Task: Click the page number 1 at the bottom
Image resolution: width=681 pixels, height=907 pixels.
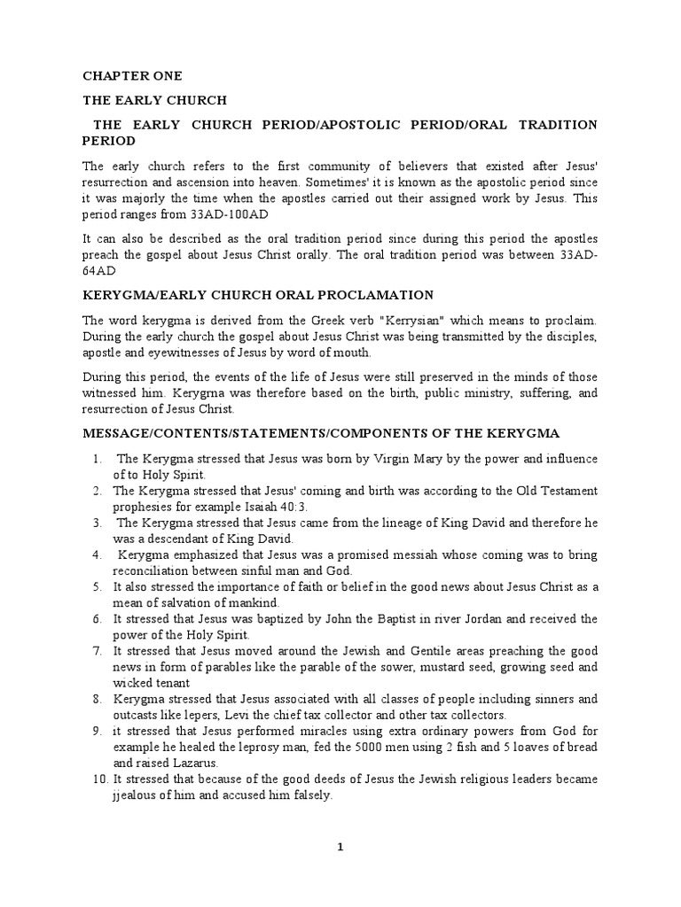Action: point(340,848)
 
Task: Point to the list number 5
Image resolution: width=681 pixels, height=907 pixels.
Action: point(96,587)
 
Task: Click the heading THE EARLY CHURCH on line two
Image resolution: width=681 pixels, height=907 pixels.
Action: point(154,100)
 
